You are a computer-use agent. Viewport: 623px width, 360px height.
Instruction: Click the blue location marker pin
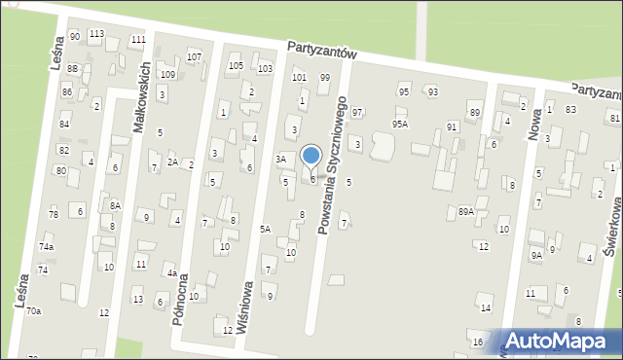coord(311,157)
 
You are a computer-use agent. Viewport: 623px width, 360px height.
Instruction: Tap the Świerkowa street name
coord(614,228)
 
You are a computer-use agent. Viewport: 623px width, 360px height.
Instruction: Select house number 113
coord(96,34)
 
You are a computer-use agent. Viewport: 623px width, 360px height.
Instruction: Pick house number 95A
coord(400,125)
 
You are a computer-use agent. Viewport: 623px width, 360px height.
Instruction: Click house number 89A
coord(466,211)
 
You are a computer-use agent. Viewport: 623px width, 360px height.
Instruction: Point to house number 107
coord(194,56)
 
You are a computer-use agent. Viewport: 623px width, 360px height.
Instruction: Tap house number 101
coord(299,76)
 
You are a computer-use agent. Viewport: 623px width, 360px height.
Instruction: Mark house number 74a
coord(47,247)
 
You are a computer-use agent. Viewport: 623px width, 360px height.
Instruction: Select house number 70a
coord(34,310)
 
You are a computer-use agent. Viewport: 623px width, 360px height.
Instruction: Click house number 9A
coord(536,255)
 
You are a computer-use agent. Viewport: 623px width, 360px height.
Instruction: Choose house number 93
coord(432,91)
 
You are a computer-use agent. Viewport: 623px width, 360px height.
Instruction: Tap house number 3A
coord(281,159)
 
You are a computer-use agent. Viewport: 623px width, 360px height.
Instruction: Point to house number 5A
coord(265,229)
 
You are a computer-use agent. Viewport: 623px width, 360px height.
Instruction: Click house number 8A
coord(115,205)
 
